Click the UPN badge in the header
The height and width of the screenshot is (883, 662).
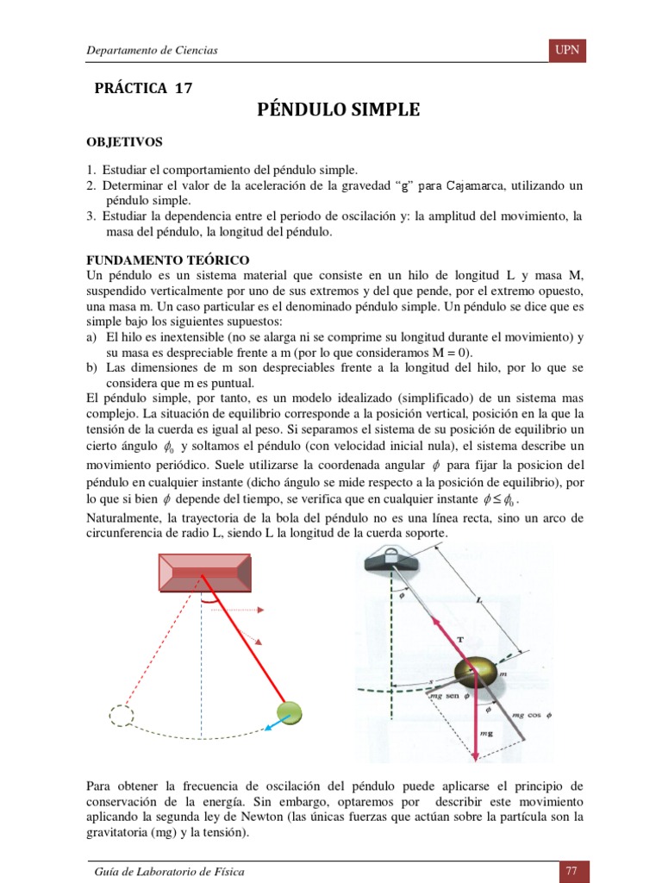(567, 51)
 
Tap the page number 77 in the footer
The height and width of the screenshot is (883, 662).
(571, 872)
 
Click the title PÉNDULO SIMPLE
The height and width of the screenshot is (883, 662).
(339, 110)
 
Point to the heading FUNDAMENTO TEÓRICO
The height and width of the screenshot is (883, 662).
(168, 259)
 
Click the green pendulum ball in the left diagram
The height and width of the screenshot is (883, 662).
(290, 711)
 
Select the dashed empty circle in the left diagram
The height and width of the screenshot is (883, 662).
(121, 715)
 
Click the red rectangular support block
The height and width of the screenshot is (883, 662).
(204, 571)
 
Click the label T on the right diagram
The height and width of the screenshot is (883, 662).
(459, 639)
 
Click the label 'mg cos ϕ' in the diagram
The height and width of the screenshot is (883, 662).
(531, 715)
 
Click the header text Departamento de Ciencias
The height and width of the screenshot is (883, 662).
(152, 51)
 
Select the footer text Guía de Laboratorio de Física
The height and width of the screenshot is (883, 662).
(169, 872)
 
